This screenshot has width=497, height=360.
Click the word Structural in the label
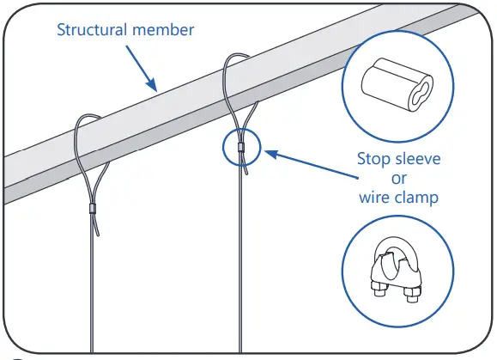coord(91,30)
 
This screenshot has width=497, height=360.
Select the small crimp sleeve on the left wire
coord(92,208)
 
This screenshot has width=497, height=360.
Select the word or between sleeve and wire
coord(397,178)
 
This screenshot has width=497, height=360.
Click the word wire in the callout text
coord(374,198)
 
